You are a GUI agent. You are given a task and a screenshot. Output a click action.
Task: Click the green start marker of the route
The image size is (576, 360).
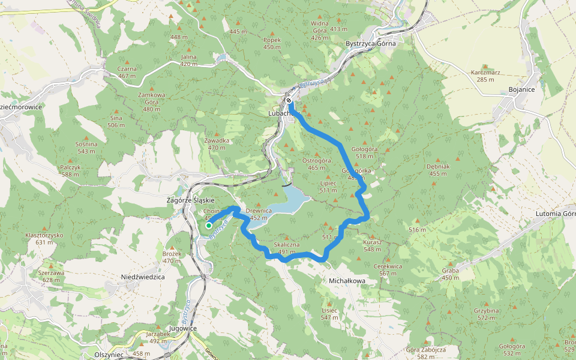(209, 226)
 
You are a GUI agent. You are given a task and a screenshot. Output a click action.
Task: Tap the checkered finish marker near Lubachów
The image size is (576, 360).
(290, 101)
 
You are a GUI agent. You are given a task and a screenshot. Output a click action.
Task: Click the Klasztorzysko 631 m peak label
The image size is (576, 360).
(44, 239)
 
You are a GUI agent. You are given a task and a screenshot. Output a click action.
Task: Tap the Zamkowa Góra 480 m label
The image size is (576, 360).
(151, 98)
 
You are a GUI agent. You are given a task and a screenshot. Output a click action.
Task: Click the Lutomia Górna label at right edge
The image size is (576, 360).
(556, 214)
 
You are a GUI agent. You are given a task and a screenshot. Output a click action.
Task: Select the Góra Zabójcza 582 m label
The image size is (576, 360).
(426, 353)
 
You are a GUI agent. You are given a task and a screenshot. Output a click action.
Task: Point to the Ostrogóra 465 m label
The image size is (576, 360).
(316, 164)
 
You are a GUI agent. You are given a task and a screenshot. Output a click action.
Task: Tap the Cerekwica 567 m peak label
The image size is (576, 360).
(388, 269)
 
